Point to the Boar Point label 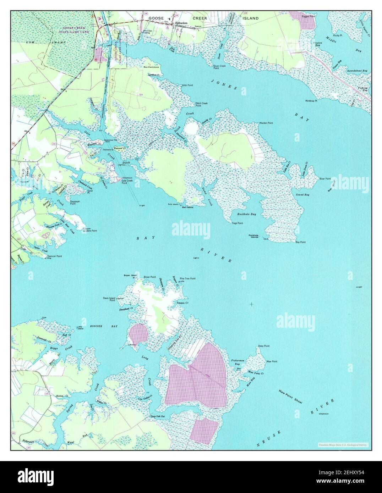pos(325,178)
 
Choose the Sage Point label pos(237,223)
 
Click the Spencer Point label pos(55,256)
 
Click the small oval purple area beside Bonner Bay pos(138,334)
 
